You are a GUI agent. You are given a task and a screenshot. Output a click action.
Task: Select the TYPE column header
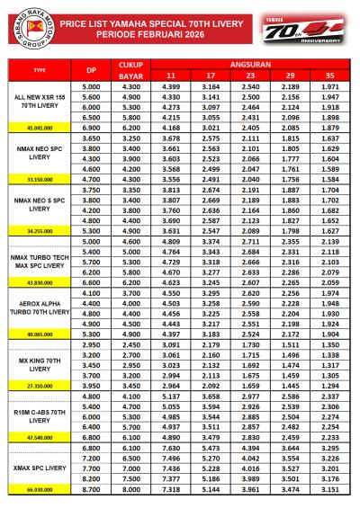pyautogui.click(x=38, y=68)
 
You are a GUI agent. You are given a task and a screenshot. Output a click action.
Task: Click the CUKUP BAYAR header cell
pyautogui.click(x=131, y=68)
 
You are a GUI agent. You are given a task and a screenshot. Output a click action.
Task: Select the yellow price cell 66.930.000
pyautogui.click(x=38, y=488)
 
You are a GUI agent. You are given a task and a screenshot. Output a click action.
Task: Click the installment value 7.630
pyautogui.click(x=172, y=447)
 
